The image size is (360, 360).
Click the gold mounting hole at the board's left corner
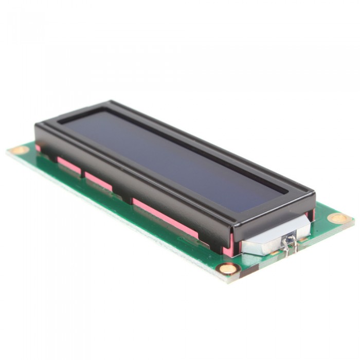tap(20, 150)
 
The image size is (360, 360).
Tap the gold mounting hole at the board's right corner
tap(339, 218)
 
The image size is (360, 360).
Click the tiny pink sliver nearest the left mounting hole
tap(38, 148)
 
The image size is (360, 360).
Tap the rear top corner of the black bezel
tap(111, 102)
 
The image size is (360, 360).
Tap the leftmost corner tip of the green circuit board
tap(8, 151)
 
